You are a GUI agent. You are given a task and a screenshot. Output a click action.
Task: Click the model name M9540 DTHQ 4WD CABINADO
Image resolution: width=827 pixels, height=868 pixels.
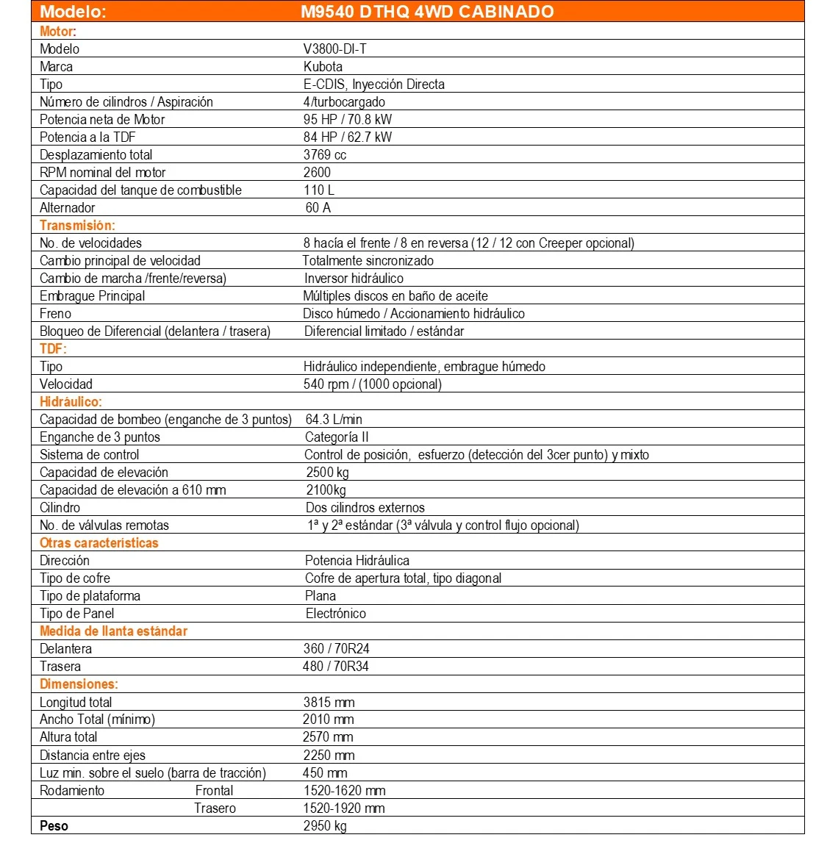[427, 12]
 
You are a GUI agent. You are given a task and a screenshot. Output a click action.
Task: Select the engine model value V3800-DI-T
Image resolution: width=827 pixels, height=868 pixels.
[334, 49]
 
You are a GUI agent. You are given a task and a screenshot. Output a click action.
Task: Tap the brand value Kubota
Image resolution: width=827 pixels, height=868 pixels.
[323, 67]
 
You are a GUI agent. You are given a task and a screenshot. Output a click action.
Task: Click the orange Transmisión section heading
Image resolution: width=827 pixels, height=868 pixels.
[77, 226]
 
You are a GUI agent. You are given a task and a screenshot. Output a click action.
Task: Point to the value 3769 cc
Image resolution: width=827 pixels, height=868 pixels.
[324, 155]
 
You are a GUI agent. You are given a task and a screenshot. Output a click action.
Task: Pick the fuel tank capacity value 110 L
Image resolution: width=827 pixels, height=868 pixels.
[318, 190]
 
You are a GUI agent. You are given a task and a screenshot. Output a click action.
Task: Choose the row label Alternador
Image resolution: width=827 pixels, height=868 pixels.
[68, 208]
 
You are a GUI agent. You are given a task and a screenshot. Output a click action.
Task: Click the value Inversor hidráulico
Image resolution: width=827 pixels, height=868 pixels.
[354, 279]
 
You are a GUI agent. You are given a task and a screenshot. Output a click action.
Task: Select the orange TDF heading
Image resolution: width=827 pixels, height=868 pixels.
[53, 349]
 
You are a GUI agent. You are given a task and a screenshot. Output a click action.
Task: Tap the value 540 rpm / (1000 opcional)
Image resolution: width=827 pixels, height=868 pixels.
[372, 384]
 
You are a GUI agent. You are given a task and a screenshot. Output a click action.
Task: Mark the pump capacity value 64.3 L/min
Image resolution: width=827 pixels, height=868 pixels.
[334, 420]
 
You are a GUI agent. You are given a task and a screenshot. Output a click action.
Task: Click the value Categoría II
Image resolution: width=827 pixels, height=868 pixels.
[337, 437]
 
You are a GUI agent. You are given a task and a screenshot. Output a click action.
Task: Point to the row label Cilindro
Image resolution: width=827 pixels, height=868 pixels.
[60, 508]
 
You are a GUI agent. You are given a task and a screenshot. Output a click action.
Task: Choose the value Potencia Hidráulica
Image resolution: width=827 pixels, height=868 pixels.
[357, 561]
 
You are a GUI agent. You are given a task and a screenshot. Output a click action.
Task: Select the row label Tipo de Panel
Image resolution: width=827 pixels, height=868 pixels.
[77, 614]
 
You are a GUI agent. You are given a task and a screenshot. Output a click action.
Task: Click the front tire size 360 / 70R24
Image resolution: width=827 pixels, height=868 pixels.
[336, 649]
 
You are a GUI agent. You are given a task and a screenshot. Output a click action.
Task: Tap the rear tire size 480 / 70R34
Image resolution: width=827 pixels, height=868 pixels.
[336, 667]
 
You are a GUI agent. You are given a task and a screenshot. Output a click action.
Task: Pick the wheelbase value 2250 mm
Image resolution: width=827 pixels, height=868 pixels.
[329, 756]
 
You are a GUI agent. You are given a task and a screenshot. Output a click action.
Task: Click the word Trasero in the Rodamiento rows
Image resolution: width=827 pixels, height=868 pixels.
[215, 808]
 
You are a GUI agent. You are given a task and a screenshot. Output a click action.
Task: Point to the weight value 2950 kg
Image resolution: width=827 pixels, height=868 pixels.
[325, 826]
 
